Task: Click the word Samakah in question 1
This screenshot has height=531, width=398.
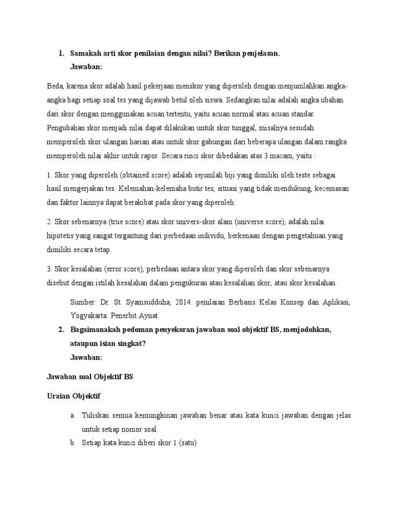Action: click(86, 53)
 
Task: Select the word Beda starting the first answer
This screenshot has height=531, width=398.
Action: click(54, 86)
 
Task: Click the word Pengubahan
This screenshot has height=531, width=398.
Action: click(66, 127)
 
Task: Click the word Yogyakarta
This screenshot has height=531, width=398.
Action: click(89, 315)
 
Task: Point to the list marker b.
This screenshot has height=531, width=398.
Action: click(73, 443)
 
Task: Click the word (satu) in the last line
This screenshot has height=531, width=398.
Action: click(188, 443)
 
